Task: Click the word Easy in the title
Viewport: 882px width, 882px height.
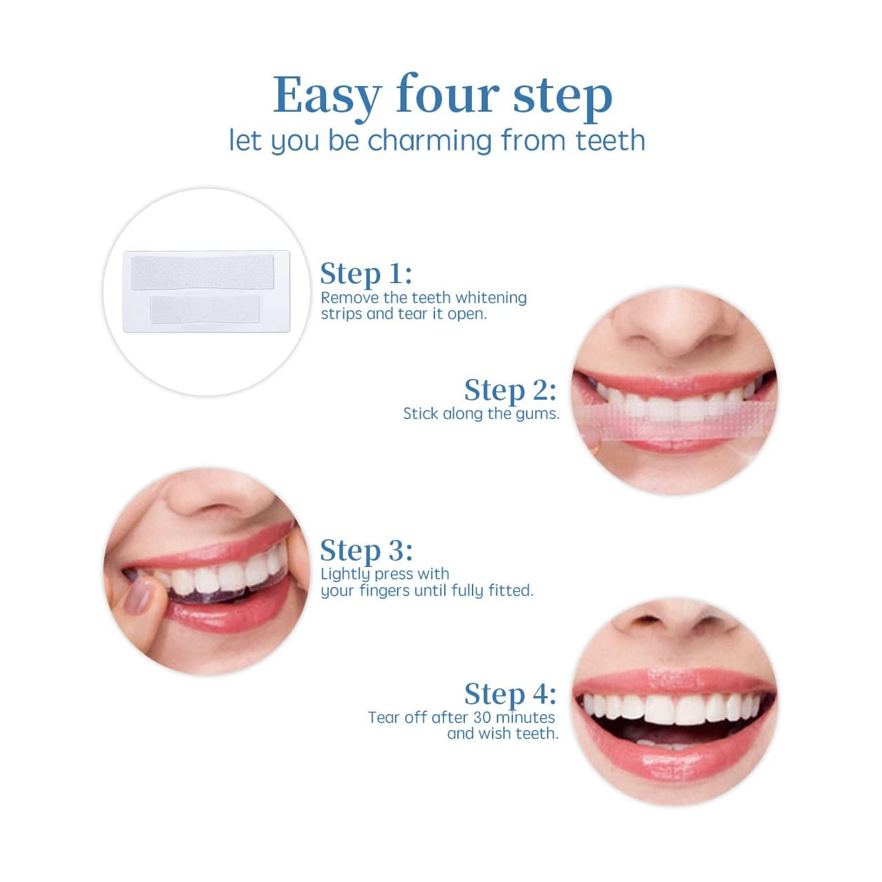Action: [327, 97]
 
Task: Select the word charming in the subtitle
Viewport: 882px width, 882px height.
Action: [430, 141]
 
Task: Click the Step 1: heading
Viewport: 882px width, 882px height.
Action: [366, 274]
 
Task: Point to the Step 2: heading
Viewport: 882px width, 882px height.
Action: [510, 390]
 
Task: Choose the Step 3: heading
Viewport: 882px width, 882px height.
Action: [366, 550]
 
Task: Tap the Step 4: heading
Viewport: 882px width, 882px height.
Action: [510, 694]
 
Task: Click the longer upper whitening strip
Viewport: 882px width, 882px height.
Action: [203, 272]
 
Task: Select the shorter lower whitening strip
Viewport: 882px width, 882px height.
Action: [205, 309]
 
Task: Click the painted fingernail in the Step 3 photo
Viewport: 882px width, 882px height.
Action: [138, 596]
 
